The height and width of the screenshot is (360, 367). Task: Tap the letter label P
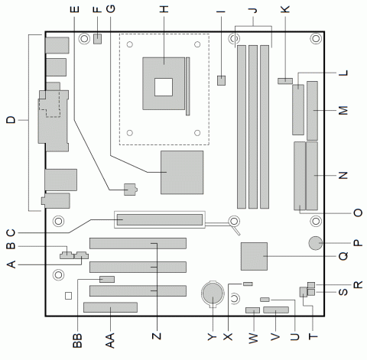click(357, 244)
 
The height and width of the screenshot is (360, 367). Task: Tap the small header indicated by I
click(222, 79)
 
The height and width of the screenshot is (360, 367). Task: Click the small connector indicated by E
click(129, 186)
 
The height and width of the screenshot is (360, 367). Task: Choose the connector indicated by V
click(275, 312)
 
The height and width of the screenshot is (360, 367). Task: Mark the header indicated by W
click(252, 312)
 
